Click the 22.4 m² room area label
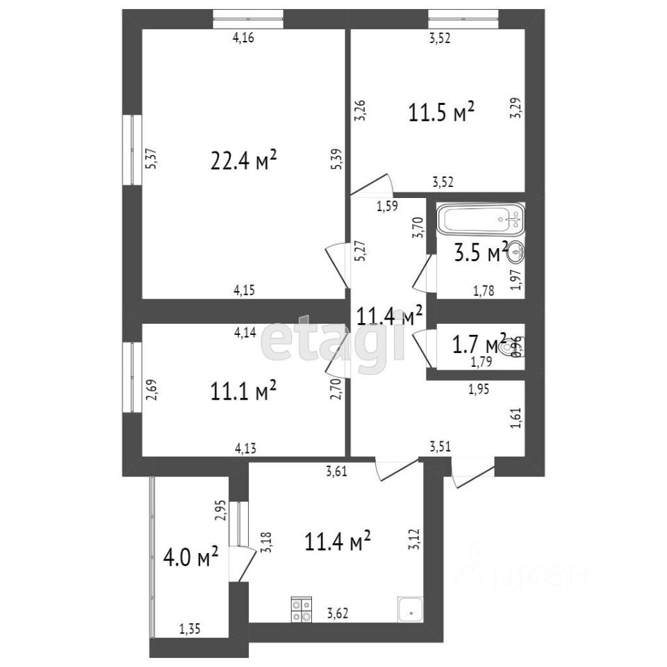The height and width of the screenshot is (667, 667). tap(244, 161)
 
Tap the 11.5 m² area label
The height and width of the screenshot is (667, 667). tap(441, 112)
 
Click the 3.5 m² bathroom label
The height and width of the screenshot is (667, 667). tap(480, 253)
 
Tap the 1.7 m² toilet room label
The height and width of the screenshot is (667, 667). tap(479, 343)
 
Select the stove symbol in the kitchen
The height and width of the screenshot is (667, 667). tap(302, 609)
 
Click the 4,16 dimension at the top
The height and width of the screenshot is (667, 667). tap(242, 39)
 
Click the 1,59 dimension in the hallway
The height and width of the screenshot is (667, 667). tap(387, 206)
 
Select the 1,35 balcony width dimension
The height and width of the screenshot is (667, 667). tap(190, 630)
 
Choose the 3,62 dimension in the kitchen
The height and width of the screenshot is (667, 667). tap(338, 614)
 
